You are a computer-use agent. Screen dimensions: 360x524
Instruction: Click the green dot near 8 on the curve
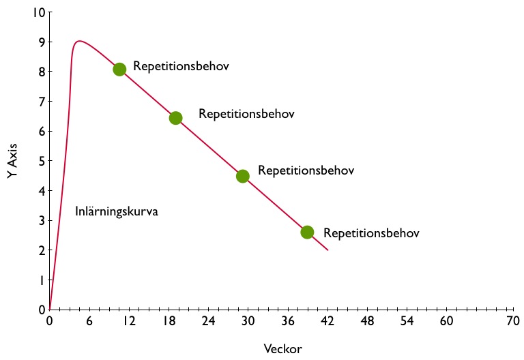[119, 69]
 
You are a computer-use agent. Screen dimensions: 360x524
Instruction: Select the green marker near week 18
[175, 118]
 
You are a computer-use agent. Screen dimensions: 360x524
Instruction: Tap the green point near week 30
[242, 176]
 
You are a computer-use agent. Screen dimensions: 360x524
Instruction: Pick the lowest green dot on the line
[307, 232]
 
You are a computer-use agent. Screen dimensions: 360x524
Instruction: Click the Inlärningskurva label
[117, 211]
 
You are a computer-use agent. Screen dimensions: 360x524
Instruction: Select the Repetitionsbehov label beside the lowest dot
[371, 233]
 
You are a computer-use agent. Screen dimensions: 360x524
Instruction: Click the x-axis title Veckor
[282, 348]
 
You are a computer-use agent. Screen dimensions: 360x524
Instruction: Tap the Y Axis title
[12, 161]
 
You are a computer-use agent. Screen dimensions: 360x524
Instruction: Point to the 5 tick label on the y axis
[42, 161]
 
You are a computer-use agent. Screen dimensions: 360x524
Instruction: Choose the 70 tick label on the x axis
[512, 321]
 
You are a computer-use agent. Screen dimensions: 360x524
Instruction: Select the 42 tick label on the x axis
[327, 321]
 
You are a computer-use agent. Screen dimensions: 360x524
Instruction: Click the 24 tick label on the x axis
[208, 321]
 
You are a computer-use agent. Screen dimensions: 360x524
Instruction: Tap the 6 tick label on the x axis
[89, 321]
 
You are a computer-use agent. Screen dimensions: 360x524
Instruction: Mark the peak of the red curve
[79, 41]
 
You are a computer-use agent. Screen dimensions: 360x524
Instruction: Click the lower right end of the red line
[327, 250]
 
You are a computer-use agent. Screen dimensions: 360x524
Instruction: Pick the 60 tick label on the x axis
[446, 321]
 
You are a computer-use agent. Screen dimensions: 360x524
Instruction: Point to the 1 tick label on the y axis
[42, 280]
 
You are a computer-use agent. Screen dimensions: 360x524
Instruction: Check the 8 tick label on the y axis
[42, 72]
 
